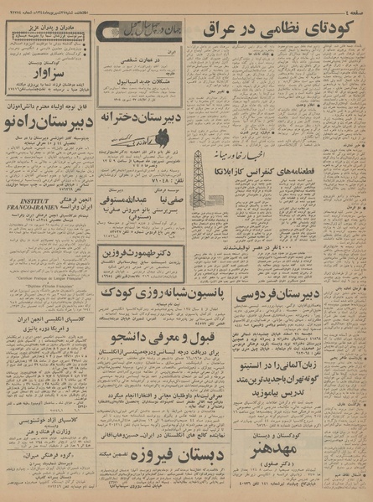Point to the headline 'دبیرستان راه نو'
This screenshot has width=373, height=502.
48,124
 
